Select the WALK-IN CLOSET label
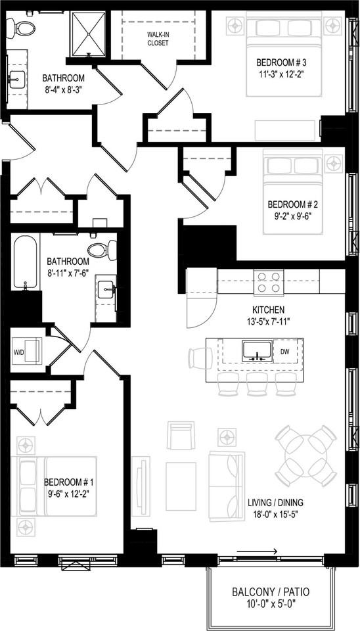coord(158,38)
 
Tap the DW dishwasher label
coord(285,352)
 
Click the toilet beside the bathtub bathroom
coord(101,250)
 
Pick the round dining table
coord(305,456)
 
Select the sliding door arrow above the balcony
coord(257,551)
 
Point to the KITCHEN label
coord(268,310)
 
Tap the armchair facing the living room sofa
coord(181,434)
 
